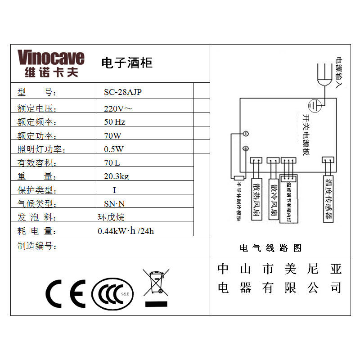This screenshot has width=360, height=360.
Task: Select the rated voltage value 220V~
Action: pos(118,108)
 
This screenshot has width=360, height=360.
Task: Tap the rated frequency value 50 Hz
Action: pos(114,122)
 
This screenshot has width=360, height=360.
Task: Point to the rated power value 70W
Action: pos(112,135)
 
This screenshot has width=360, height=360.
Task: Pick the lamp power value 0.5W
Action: pos(113,149)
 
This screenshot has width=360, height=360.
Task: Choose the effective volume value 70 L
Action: pos(112,162)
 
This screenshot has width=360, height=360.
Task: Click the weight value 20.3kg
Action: pos(116,176)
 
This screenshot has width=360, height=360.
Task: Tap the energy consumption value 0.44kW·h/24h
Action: pos(126,231)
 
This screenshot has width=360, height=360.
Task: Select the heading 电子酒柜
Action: pos(127,63)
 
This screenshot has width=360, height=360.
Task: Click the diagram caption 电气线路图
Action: pos(270,248)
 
